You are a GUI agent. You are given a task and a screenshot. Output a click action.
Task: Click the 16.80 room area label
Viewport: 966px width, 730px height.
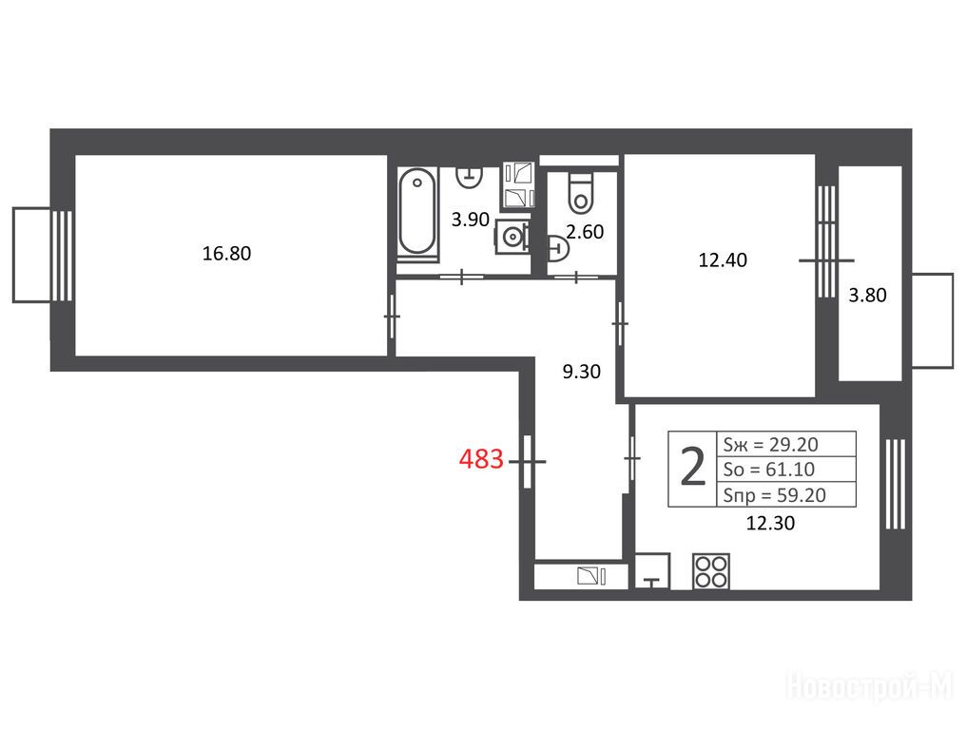(x=226, y=253)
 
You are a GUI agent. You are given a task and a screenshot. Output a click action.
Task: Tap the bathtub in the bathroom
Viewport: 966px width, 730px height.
(x=417, y=211)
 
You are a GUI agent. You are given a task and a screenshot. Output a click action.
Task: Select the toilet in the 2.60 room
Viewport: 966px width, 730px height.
(x=580, y=192)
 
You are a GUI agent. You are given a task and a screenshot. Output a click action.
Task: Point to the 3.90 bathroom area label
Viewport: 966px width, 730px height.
(x=470, y=220)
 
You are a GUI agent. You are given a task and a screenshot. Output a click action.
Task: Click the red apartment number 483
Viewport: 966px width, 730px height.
(x=481, y=459)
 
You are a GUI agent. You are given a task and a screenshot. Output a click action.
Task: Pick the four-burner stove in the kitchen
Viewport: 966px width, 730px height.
(x=711, y=571)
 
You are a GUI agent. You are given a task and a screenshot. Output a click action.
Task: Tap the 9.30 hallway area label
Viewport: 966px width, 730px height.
(x=582, y=372)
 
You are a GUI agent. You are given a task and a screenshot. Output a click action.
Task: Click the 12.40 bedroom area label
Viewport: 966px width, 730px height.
(x=723, y=259)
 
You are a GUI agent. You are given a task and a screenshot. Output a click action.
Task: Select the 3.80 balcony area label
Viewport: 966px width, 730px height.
(x=867, y=295)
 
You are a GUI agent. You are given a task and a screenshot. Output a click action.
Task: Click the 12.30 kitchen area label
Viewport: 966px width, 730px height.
(x=770, y=523)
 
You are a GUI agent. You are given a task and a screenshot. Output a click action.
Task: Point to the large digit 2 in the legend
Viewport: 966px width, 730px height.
(x=692, y=469)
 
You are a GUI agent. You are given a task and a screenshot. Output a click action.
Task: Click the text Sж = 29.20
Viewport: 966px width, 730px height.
(x=770, y=444)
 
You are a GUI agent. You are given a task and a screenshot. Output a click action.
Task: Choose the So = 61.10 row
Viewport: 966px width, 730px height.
(x=769, y=470)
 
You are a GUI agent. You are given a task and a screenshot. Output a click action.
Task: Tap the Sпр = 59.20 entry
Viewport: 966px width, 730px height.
(x=774, y=495)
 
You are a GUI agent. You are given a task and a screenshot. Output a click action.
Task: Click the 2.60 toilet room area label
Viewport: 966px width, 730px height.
(x=585, y=232)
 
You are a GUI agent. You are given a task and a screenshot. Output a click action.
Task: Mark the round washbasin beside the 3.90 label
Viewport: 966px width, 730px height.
(x=512, y=236)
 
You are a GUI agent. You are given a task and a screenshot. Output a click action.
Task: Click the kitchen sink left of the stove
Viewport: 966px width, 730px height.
(x=652, y=571)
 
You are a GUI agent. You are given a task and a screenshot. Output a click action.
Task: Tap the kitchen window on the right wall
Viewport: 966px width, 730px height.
(x=895, y=484)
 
